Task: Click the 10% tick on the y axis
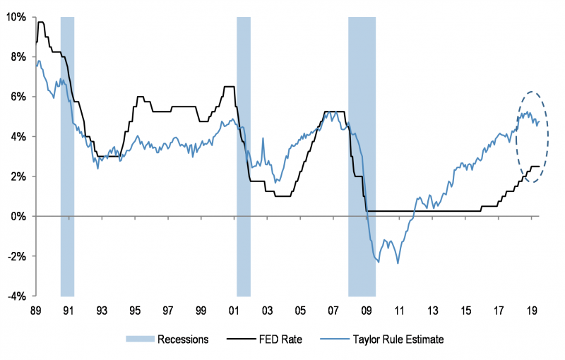point(15,16)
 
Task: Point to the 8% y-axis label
point(18,56)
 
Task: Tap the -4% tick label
point(16,296)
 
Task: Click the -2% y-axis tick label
point(16,256)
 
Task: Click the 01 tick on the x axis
point(234,311)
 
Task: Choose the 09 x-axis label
point(366,311)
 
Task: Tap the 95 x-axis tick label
point(134,311)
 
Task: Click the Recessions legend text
point(182,340)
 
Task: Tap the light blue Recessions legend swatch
point(139,340)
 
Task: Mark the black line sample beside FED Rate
point(242,340)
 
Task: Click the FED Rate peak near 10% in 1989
point(41,23)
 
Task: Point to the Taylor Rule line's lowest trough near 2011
point(398,263)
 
